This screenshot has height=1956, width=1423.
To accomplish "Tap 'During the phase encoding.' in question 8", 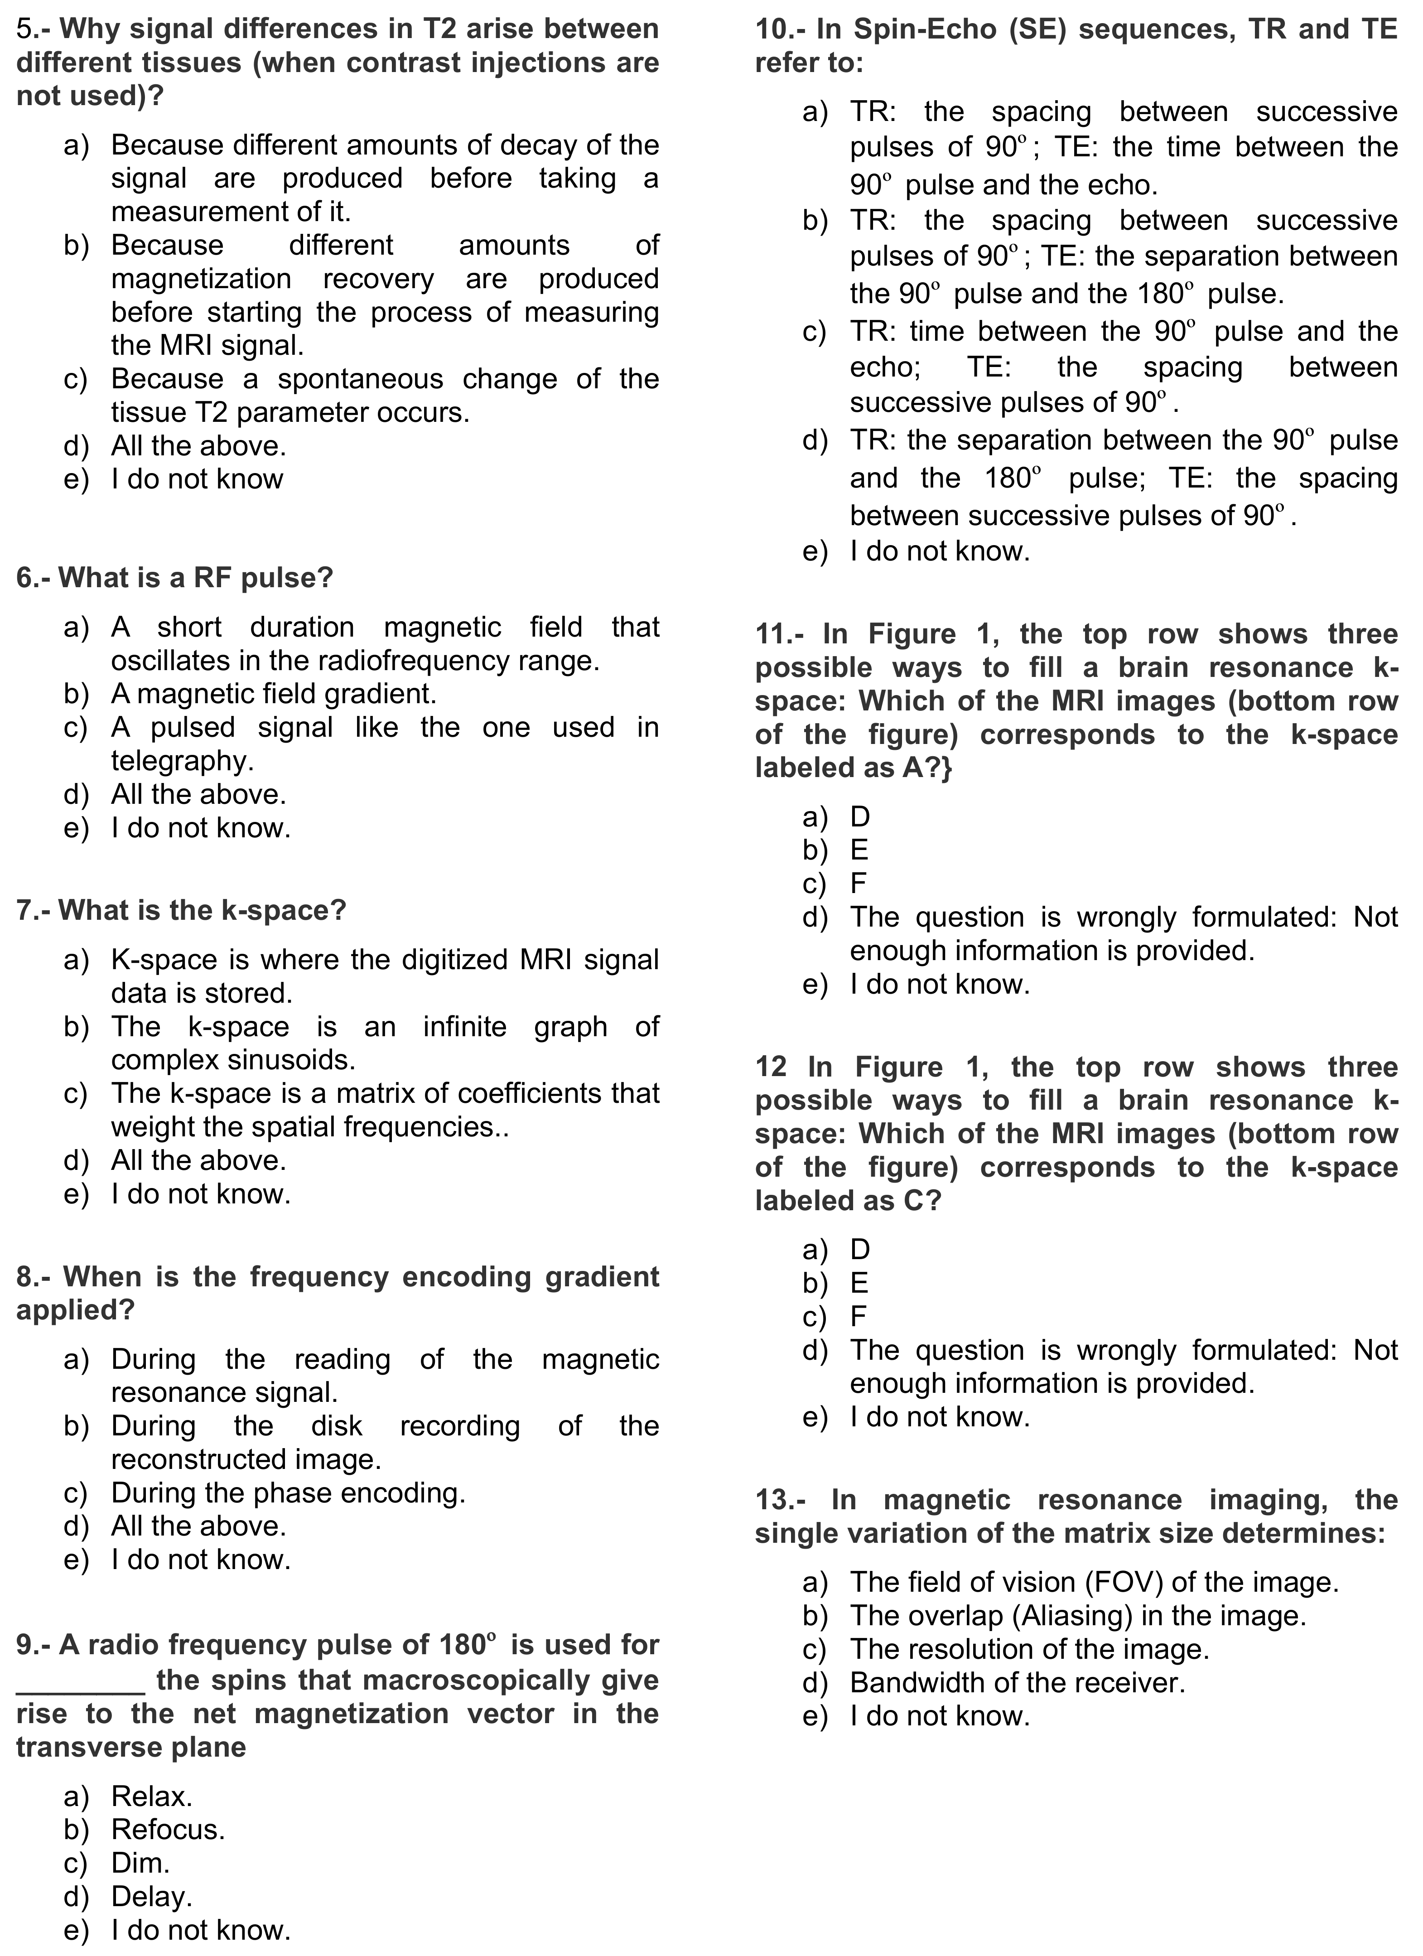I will [288, 1493].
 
